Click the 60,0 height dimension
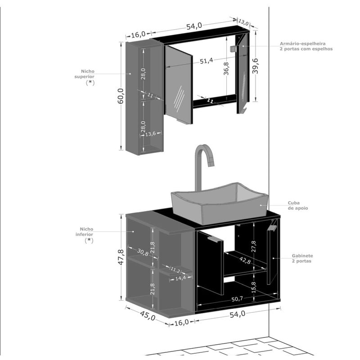(121, 96)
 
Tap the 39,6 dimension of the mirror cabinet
(255, 66)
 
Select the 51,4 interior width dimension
(206, 61)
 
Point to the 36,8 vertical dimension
(226, 68)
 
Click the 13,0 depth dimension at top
(243, 22)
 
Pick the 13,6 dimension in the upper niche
(150, 134)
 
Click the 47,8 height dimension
(121, 257)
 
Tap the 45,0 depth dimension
(148, 315)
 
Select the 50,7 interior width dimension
(237, 299)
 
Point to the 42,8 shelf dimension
(245, 260)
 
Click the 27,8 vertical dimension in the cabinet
(253, 246)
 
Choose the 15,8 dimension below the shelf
(253, 287)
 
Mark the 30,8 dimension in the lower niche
(143, 252)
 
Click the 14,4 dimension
(180, 278)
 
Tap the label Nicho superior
(85, 74)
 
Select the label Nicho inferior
(85, 232)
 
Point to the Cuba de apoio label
(298, 206)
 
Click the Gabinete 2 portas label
(302, 258)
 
